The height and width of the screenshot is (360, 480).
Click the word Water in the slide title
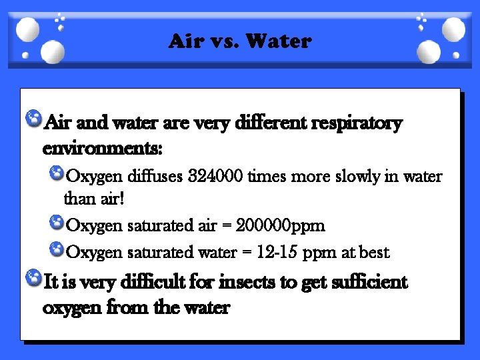278,41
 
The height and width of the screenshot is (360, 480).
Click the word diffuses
155,177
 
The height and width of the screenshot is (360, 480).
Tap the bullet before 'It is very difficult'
32,278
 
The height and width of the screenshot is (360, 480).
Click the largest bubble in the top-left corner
27,29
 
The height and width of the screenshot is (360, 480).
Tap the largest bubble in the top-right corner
453,29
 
